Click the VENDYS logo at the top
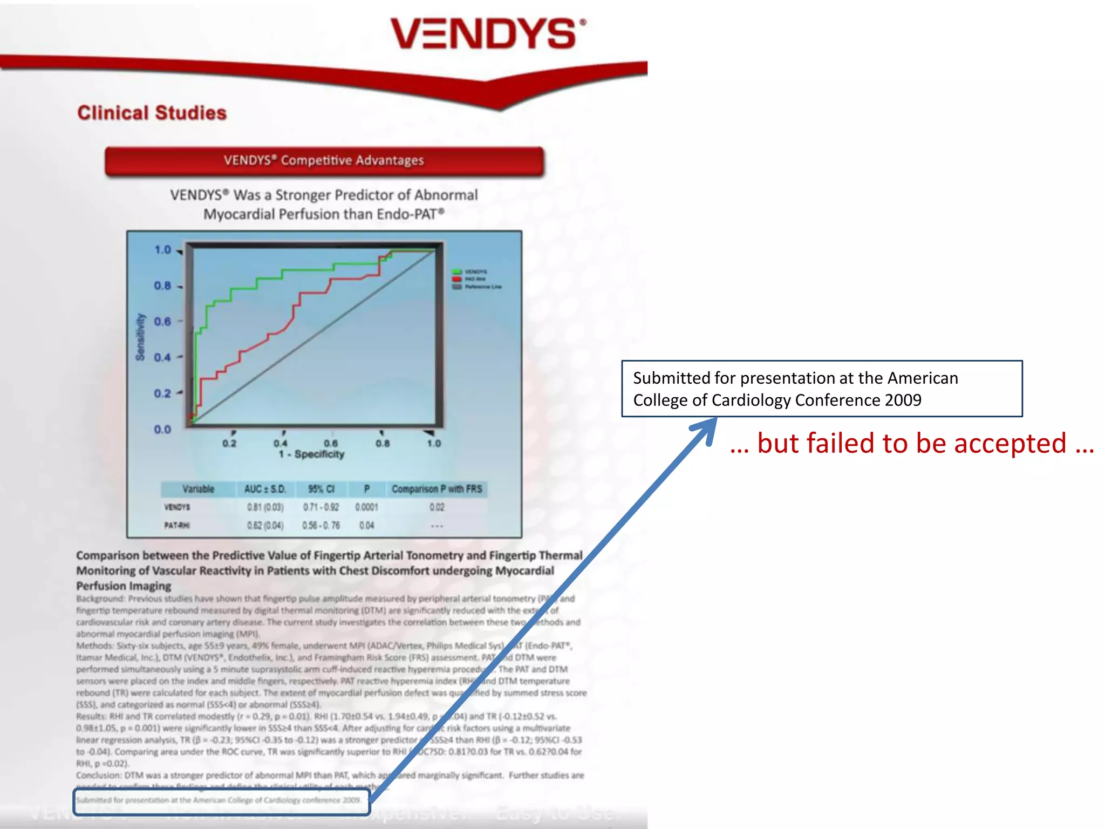(488, 33)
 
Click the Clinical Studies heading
(152, 113)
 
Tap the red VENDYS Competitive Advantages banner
(324, 160)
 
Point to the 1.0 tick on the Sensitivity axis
(162, 250)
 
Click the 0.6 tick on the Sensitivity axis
(162, 322)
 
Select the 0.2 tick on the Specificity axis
(229, 443)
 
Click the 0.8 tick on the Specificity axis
(383, 443)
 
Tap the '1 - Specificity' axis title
(311, 454)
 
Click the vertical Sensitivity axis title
(140, 337)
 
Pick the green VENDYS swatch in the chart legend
(456, 271)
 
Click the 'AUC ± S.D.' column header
(264, 489)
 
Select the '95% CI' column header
(321, 489)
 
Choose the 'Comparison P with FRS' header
(436, 489)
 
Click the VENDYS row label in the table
(177, 507)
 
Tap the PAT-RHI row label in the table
(177, 525)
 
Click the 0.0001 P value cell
(366, 507)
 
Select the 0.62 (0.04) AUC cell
(265, 525)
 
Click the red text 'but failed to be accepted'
(912, 443)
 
